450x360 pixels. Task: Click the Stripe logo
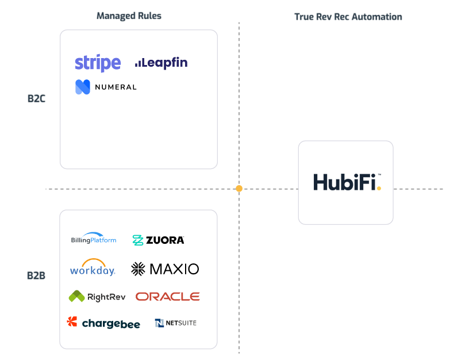[98, 63]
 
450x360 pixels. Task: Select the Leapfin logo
[161, 63]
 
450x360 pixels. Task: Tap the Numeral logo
[106, 87]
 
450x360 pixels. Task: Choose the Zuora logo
[158, 240]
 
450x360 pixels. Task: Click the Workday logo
[93, 267]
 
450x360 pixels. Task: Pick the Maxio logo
[165, 269]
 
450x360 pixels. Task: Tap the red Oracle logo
[167, 296]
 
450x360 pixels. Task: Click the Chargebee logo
[103, 323]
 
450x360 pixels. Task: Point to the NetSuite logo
[175, 323]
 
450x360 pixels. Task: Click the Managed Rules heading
[129, 16]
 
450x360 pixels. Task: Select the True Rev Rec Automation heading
[348, 17]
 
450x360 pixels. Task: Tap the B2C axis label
[36, 98]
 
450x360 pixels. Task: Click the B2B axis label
[36, 275]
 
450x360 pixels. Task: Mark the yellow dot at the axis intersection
[239, 189]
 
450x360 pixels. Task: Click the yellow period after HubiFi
[379, 187]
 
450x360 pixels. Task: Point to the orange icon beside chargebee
[72, 321]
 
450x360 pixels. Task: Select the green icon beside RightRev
[76, 296]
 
